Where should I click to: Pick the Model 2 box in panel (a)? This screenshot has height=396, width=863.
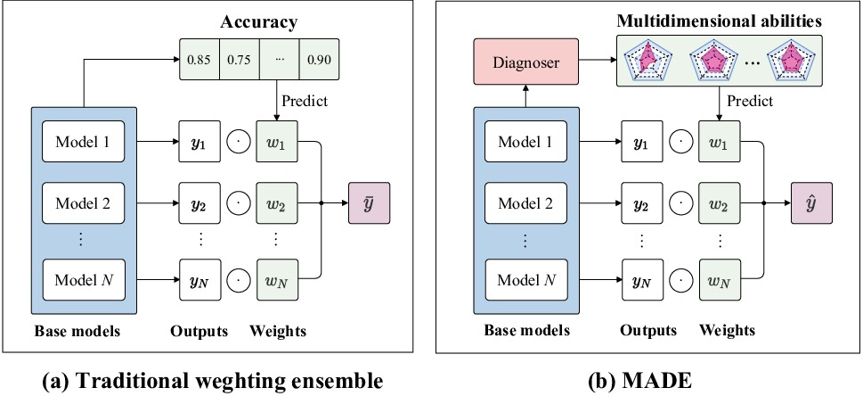point(82,202)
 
